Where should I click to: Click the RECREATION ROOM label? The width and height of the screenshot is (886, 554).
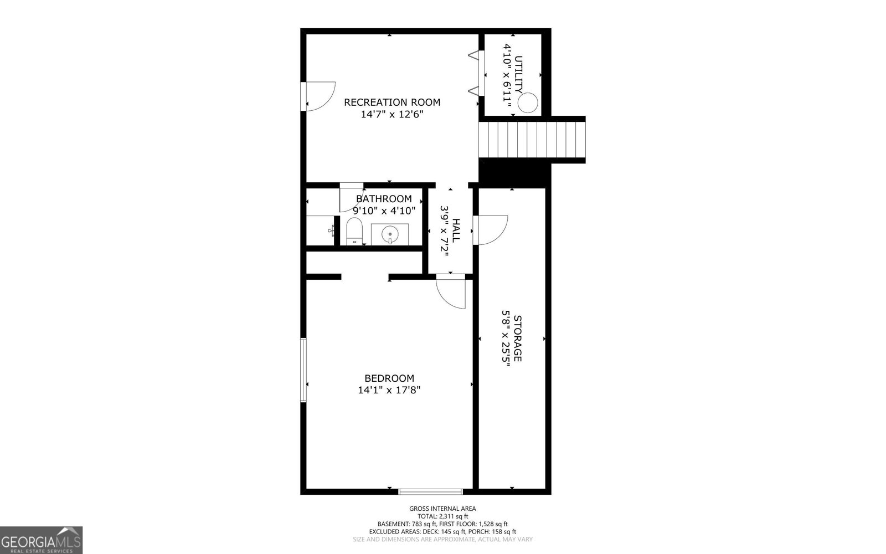pyautogui.click(x=392, y=102)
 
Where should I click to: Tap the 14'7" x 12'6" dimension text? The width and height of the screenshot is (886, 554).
pyautogui.click(x=392, y=114)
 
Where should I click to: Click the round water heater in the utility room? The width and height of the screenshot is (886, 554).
pyautogui.click(x=528, y=103)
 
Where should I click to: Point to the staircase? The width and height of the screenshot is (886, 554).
pyautogui.click(x=532, y=140)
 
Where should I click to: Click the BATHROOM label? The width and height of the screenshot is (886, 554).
pyautogui.click(x=384, y=199)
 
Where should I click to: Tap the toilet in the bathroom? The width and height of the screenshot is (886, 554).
pyautogui.click(x=354, y=231)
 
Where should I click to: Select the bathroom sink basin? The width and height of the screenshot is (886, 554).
pyautogui.click(x=390, y=234)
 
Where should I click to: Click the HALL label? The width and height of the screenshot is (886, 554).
pyautogui.click(x=456, y=230)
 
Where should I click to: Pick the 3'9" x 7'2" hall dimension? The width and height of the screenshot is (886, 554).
pyautogui.click(x=445, y=230)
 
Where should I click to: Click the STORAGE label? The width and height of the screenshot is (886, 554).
pyautogui.click(x=517, y=338)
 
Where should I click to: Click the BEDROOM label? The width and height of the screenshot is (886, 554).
pyautogui.click(x=389, y=378)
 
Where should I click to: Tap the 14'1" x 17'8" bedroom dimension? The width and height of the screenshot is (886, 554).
pyautogui.click(x=389, y=390)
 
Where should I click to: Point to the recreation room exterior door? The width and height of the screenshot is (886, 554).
pyautogui.click(x=318, y=96)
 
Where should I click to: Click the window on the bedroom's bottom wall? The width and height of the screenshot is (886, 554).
pyautogui.click(x=430, y=492)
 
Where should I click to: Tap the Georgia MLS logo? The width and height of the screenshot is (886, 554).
pyautogui.click(x=41, y=540)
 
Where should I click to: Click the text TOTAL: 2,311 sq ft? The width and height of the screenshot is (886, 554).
pyautogui.click(x=442, y=516)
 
